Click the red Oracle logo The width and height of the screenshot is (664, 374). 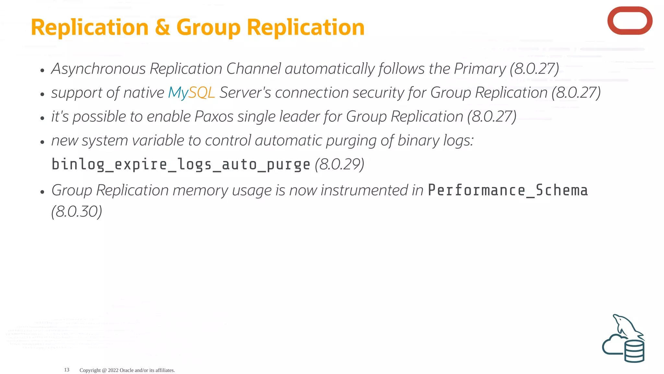pos(630,20)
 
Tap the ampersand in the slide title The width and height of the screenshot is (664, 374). pos(162,28)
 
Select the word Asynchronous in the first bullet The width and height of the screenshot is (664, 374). pos(98,69)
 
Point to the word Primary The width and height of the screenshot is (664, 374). pos(480,69)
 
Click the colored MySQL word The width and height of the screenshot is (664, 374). pos(191,93)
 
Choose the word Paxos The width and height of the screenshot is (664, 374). pos(214,117)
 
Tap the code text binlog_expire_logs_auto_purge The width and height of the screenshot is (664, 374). pos(181,164)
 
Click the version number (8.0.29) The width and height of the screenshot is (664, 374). pos(339,164)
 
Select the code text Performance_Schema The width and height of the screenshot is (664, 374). pos(508,190)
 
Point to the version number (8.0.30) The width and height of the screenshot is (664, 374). pos(77,212)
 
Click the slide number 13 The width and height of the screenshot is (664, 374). pos(67,370)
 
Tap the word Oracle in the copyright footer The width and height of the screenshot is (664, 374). pos(126,370)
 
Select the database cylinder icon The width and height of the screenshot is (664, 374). pos(634,351)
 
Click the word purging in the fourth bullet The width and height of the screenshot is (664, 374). pos(351,141)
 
